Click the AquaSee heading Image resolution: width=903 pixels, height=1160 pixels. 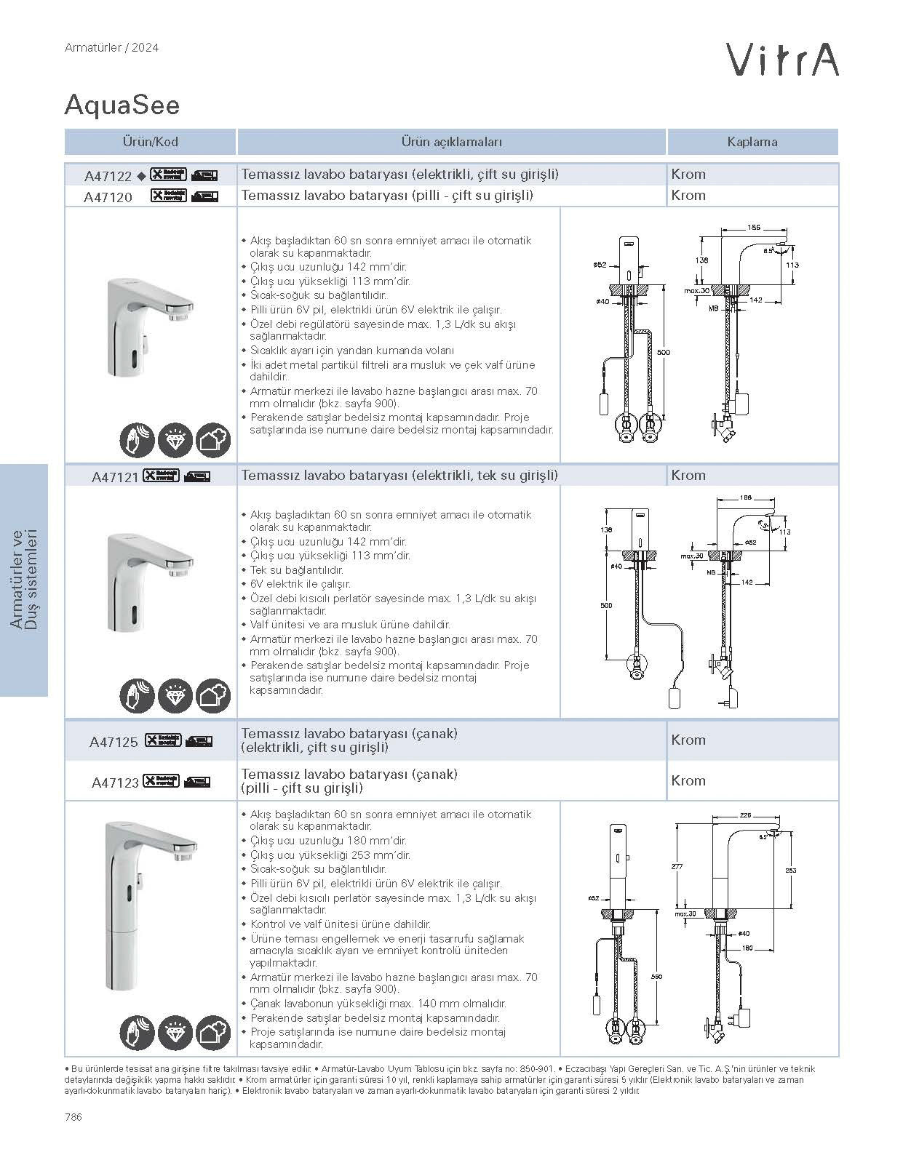click(122, 106)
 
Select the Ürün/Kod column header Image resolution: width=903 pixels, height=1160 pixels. click(150, 142)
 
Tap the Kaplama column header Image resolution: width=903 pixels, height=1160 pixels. click(752, 142)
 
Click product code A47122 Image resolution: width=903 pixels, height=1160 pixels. click(108, 175)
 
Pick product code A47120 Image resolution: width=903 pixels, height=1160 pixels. click(108, 196)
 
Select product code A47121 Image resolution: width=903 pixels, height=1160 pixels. click(115, 477)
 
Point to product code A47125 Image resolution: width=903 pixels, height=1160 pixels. click(114, 742)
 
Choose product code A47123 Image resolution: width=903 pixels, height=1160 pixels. click(115, 783)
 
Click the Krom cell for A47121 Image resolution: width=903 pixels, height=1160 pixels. click(688, 476)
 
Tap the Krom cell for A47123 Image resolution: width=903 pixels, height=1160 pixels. click(688, 781)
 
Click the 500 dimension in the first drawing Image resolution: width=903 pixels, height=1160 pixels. click(663, 353)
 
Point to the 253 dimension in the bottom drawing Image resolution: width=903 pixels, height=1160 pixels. click(791, 871)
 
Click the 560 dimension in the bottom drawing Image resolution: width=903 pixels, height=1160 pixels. click(656, 977)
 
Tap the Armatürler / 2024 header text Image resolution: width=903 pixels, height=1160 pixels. click(111, 48)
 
